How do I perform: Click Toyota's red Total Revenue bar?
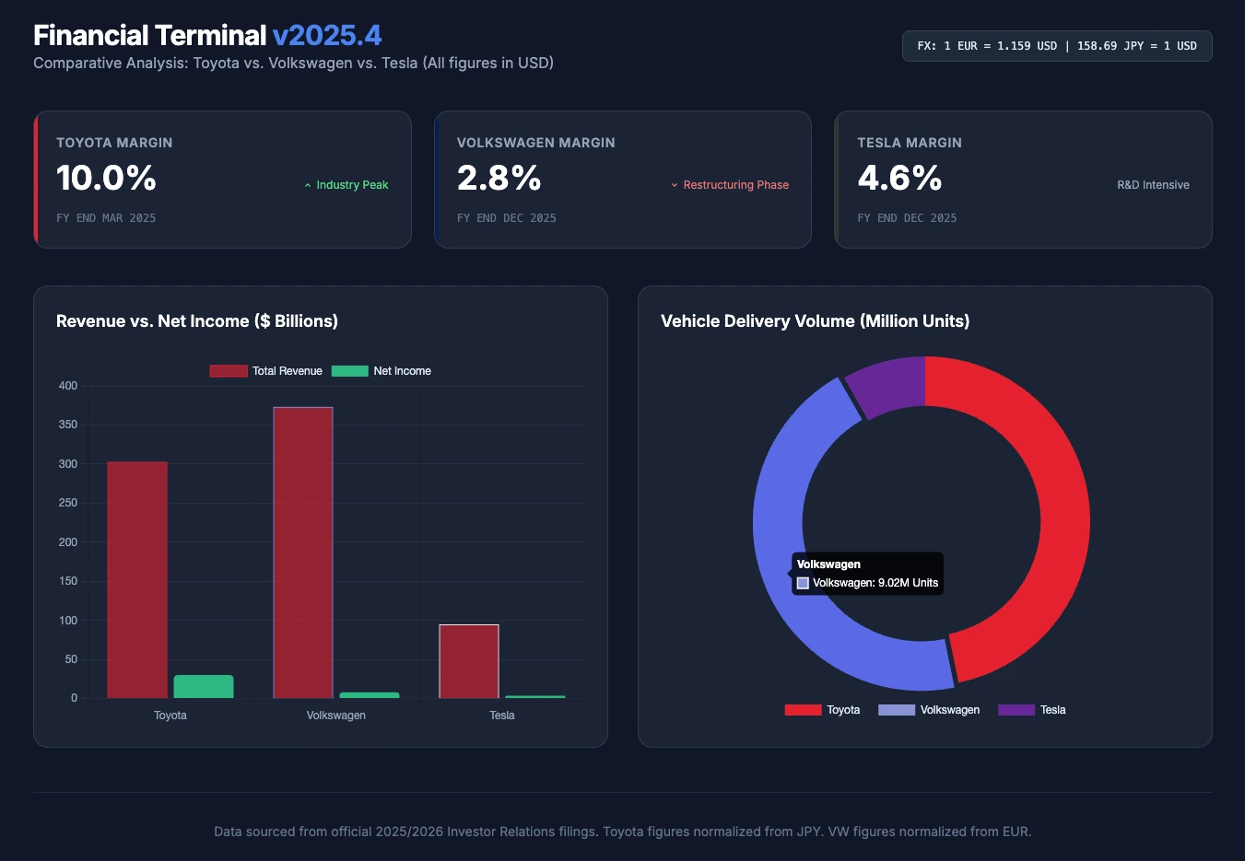[137, 579]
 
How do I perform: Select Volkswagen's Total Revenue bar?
[303, 553]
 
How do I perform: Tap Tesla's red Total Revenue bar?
[469, 661]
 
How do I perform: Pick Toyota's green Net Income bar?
[204, 687]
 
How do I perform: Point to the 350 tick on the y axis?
[68, 425]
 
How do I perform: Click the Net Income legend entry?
[382, 371]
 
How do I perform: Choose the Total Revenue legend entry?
[266, 371]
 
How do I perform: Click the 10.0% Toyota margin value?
[106, 178]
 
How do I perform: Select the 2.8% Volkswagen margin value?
[499, 178]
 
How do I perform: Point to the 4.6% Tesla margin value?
[899, 178]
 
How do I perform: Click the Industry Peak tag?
[346, 185]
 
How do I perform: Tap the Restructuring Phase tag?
[730, 185]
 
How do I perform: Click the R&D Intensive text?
[1153, 185]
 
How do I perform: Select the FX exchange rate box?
[1056, 46]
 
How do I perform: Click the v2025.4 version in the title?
[326, 35]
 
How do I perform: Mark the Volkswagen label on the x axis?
[335, 716]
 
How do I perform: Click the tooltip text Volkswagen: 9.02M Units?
[875, 583]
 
